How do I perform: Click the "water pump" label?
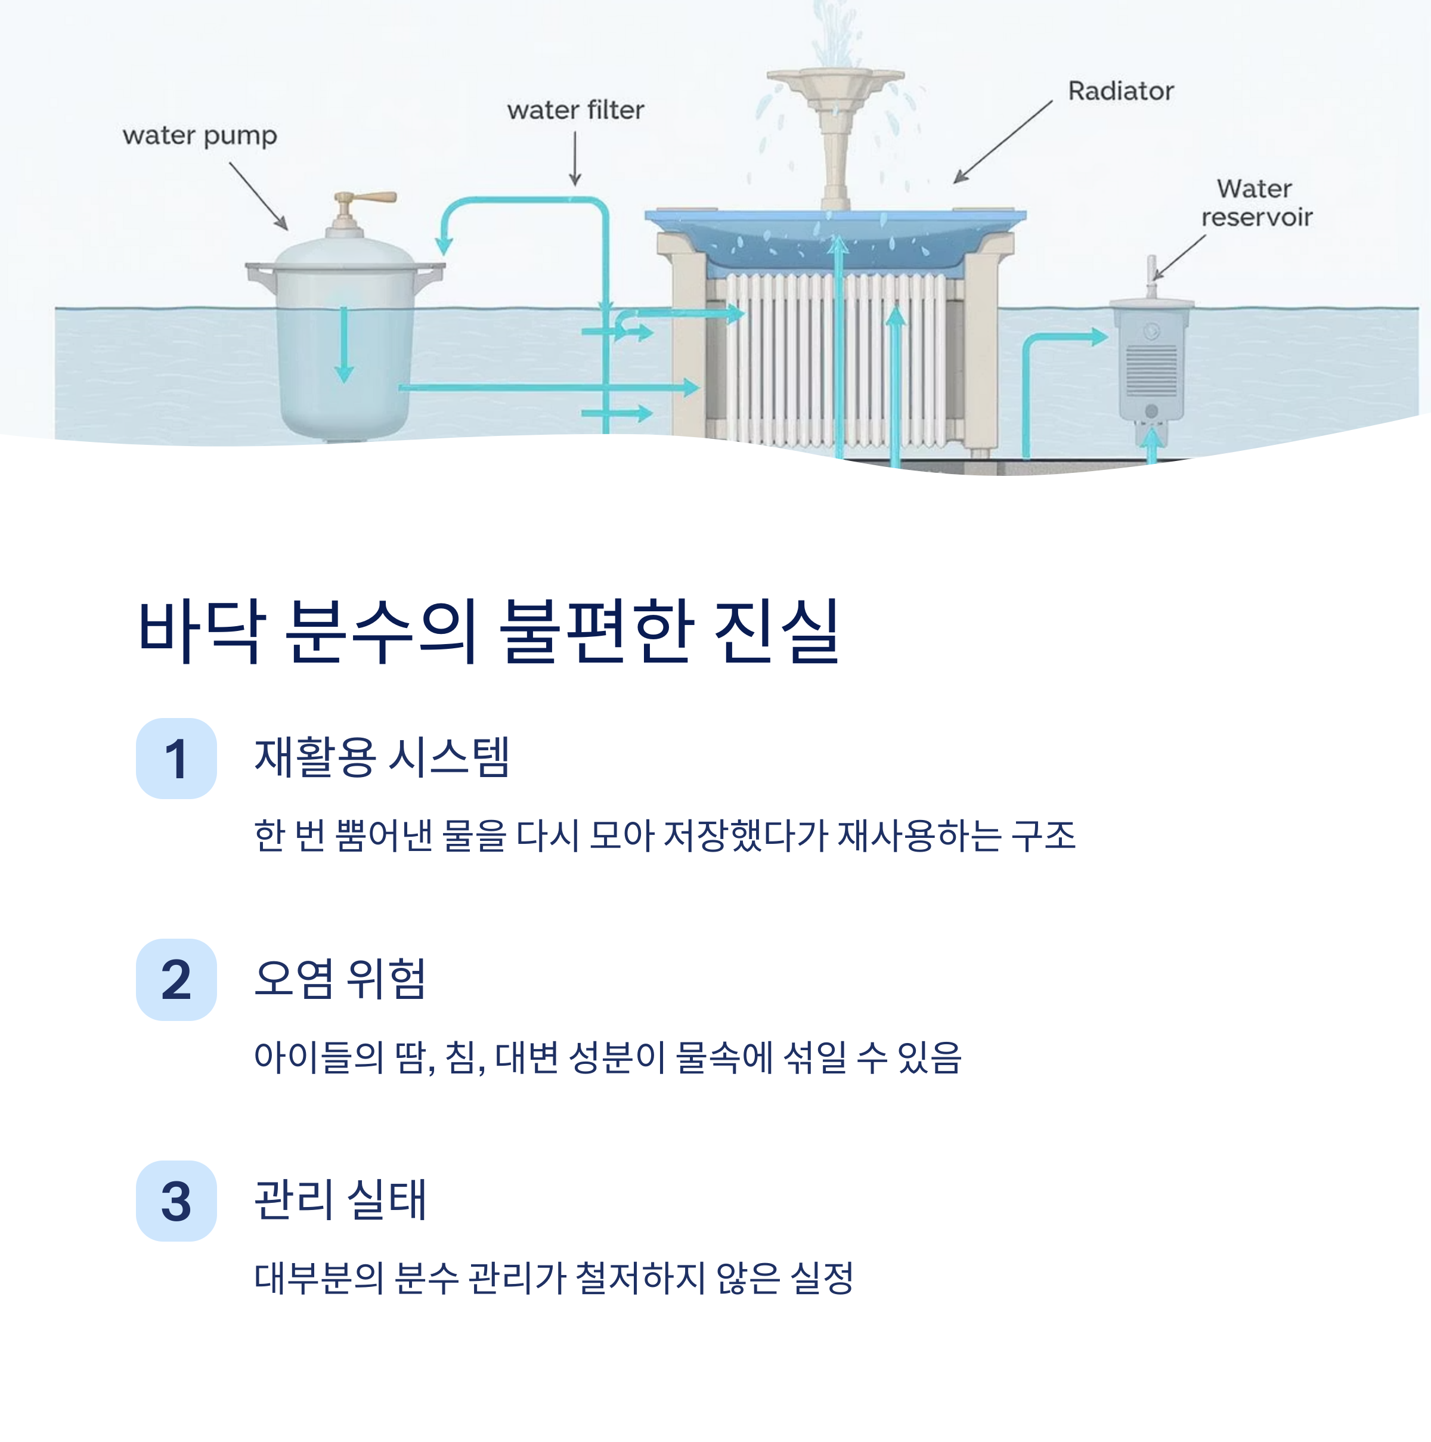coord(199,136)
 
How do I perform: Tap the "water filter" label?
coord(575,110)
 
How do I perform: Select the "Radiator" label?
coord(1120,91)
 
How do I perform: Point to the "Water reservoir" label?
coord(1256,202)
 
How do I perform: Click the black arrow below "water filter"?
coord(575,158)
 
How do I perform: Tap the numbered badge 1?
coord(176,759)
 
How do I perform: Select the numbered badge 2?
coord(176,979)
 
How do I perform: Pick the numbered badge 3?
coord(176,1201)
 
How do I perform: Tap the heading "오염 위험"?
coord(339,979)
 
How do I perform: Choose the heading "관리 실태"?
coord(339,1199)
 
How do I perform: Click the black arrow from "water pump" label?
coord(258,196)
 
